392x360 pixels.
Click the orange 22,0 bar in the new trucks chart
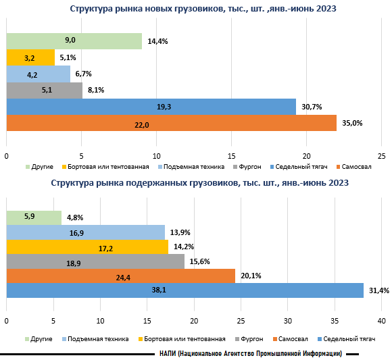[171, 124]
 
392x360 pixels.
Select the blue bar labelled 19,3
[151, 107]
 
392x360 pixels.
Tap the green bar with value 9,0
[74, 41]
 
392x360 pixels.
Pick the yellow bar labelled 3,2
[30, 58]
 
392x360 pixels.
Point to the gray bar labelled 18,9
[95, 261]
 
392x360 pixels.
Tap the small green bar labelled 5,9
[34, 217]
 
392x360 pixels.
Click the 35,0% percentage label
[352, 124]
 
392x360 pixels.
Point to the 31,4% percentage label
[375, 290]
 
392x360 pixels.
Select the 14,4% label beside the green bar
[157, 41]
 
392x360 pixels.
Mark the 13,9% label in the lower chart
[178, 232]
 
